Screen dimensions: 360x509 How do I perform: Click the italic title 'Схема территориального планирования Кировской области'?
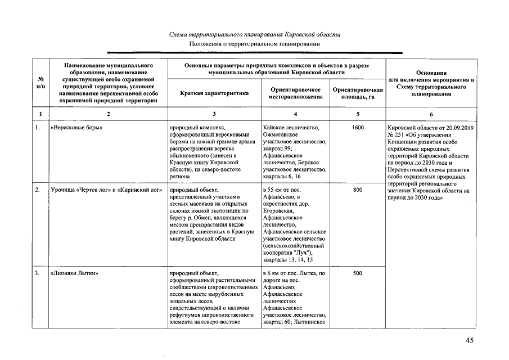(x=254, y=34)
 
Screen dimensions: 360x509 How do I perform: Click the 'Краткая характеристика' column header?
(x=214, y=93)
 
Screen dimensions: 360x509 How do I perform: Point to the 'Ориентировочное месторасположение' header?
(x=295, y=93)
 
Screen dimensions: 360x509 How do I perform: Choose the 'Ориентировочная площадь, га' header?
(x=358, y=93)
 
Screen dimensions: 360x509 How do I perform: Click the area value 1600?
(x=358, y=128)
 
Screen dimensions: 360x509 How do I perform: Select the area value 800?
(x=358, y=190)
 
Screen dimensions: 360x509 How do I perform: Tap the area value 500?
(x=358, y=273)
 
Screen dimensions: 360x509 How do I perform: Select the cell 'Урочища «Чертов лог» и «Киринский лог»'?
(x=106, y=190)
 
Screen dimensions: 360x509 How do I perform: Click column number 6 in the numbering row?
(x=431, y=114)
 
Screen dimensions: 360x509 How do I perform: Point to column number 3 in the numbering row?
(x=214, y=114)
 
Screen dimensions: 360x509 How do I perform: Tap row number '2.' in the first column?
(x=37, y=190)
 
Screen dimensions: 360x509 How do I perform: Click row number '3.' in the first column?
(x=37, y=273)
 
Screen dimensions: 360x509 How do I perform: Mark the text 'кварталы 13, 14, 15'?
(x=287, y=260)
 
